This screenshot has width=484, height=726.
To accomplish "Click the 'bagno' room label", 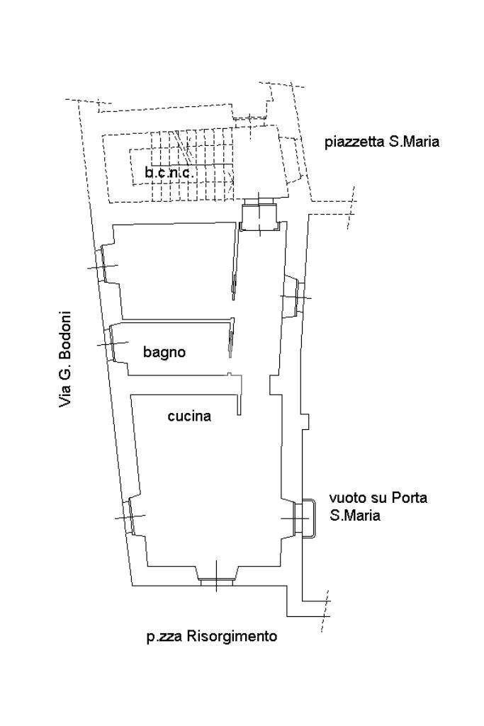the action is (x=164, y=352).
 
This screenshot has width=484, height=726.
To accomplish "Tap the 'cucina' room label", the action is (x=189, y=416).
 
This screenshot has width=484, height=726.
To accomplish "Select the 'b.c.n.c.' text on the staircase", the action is (x=169, y=173).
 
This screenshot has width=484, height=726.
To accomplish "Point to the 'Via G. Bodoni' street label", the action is (x=66, y=359).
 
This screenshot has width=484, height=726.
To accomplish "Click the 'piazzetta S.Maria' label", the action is (x=382, y=141).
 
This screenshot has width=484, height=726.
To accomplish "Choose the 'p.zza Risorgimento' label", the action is (x=212, y=637).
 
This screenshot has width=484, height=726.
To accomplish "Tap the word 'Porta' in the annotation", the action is (x=409, y=498).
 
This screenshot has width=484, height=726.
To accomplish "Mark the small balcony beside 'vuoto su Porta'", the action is (x=308, y=518).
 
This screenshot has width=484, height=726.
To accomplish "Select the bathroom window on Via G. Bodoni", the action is (x=111, y=344).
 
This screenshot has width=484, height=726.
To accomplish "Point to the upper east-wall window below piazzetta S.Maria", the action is (x=295, y=296).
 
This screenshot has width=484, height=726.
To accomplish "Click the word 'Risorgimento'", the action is (x=232, y=637).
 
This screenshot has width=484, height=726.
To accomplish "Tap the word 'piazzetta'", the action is (x=354, y=142).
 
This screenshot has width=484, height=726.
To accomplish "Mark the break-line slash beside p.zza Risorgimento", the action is (x=325, y=611).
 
